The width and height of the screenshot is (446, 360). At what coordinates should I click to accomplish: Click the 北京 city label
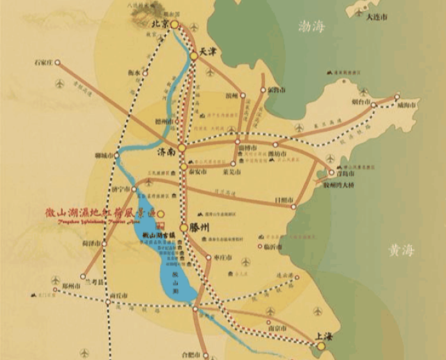(160, 24)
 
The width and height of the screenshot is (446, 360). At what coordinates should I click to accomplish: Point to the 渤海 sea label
(312, 26)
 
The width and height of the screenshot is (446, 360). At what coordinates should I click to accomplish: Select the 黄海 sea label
(402, 251)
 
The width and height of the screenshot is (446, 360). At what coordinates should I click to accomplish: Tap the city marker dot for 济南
(181, 148)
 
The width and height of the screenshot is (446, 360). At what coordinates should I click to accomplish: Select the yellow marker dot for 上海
(321, 345)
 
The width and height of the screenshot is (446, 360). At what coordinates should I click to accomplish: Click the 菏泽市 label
(91, 244)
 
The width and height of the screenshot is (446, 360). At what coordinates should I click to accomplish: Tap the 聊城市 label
(103, 155)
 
